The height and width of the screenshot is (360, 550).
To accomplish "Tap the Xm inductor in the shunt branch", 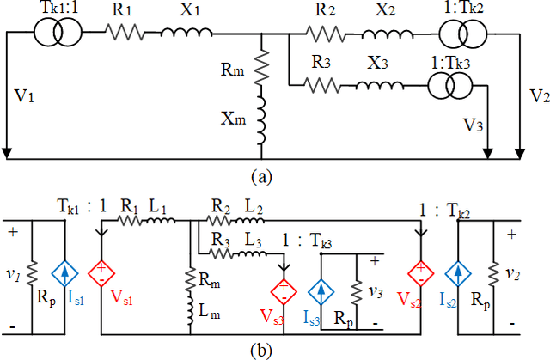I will pos(264,119).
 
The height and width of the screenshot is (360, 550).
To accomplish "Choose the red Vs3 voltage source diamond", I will pos(283,289).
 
